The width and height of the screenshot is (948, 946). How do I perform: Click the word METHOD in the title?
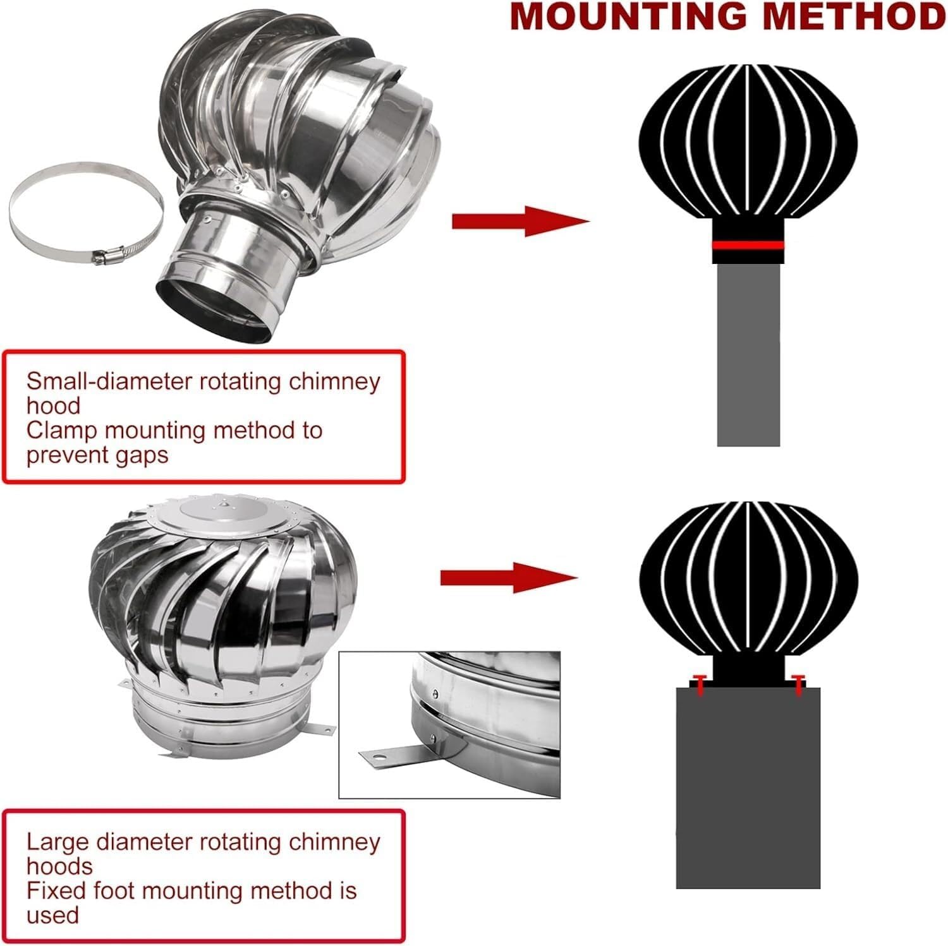(x=861, y=18)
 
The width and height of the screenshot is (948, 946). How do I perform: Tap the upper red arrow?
(x=520, y=222)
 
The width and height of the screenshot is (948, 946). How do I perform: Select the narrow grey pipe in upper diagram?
(x=748, y=354)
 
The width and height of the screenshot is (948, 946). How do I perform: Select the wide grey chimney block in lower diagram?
(x=748, y=789)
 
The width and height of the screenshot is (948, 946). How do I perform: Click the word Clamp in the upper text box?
(x=61, y=431)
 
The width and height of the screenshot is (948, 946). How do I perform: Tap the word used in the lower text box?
(x=52, y=915)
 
